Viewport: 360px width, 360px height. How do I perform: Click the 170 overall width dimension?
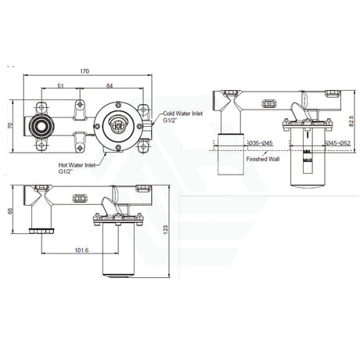(x=83, y=73)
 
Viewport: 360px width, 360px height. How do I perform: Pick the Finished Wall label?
(x=261, y=159)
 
